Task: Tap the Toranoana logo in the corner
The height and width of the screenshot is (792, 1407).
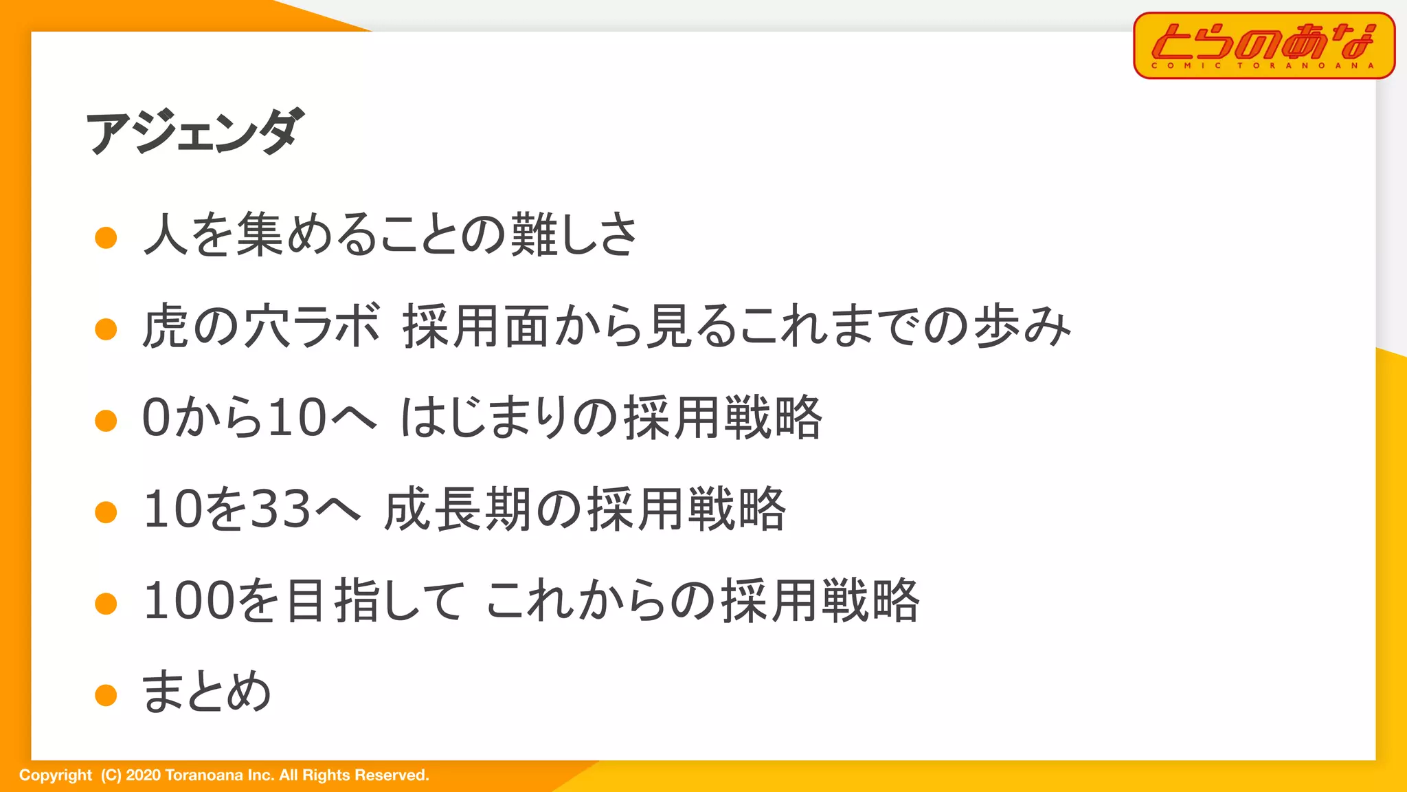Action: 1263,45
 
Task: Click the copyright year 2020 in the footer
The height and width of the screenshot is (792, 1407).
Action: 143,775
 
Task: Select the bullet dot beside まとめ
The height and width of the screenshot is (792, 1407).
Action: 106,695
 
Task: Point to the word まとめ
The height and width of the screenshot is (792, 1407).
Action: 206,691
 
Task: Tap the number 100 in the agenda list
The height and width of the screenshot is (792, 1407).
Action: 188,600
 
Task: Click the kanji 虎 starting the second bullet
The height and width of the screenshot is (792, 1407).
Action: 166,326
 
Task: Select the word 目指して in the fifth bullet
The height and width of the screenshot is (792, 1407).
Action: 375,600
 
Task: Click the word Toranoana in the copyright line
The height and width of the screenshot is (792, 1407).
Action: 204,775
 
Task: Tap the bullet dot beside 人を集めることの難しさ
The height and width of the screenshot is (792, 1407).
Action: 106,238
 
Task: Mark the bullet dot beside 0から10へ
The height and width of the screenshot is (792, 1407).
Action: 106,421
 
